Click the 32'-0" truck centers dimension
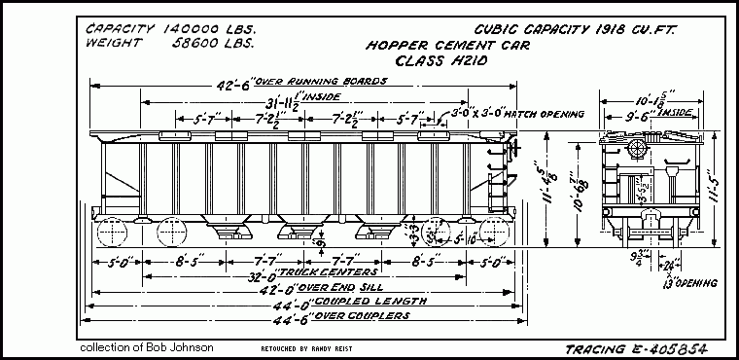click(301, 275)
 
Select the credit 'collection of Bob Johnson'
click(147, 347)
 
